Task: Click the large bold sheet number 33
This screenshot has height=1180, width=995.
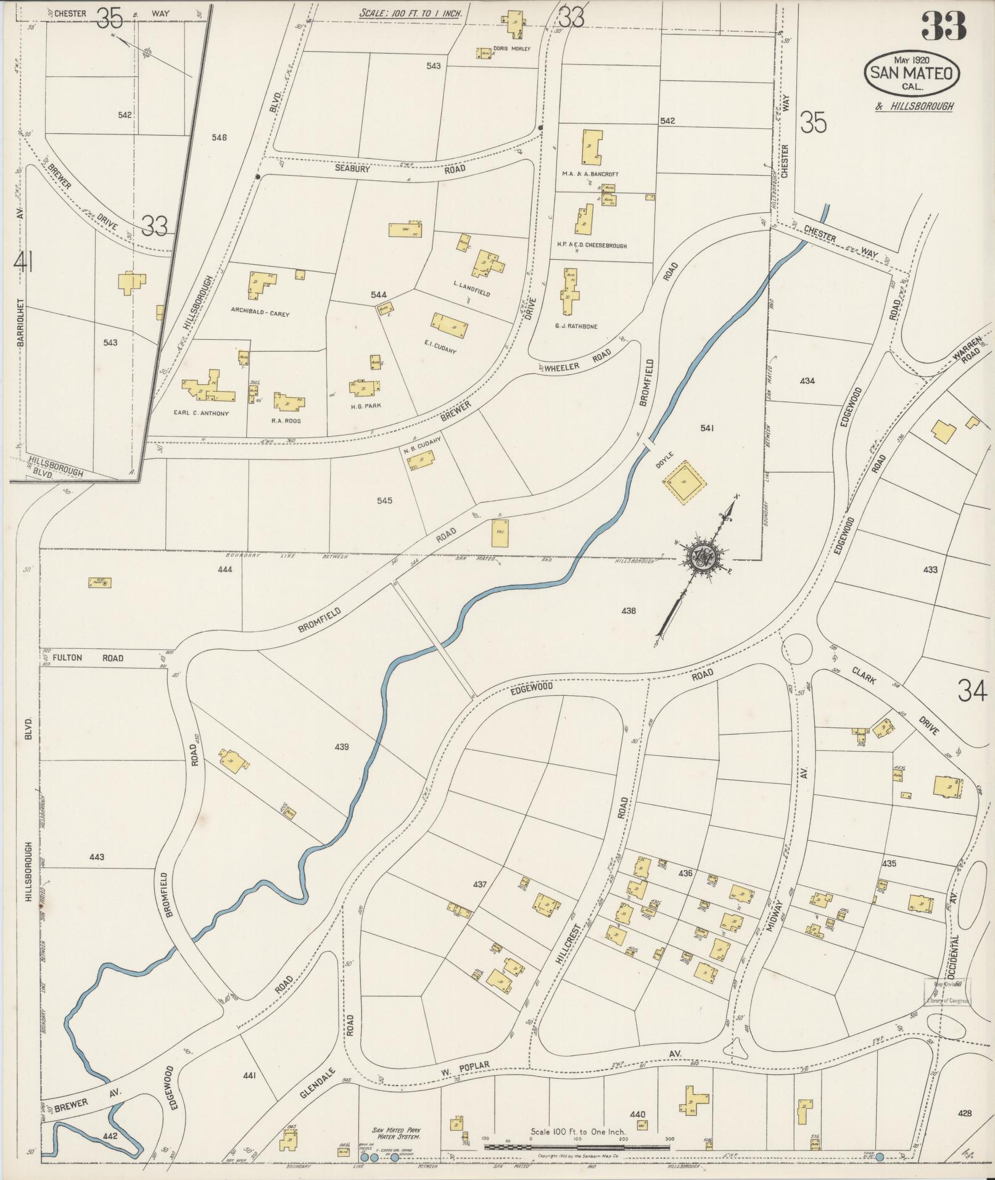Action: click(x=943, y=26)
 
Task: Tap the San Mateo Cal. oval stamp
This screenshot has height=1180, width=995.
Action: click(x=912, y=73)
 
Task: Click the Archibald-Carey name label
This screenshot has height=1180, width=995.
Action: click(x=260, y=313)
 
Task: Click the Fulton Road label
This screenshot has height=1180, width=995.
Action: click(x=88, y=658)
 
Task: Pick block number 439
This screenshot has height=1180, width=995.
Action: click(x=341, y=747)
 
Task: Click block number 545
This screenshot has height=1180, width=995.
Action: click(x=384, y=500)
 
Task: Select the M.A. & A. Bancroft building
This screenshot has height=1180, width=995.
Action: click(x=591, y=147)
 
